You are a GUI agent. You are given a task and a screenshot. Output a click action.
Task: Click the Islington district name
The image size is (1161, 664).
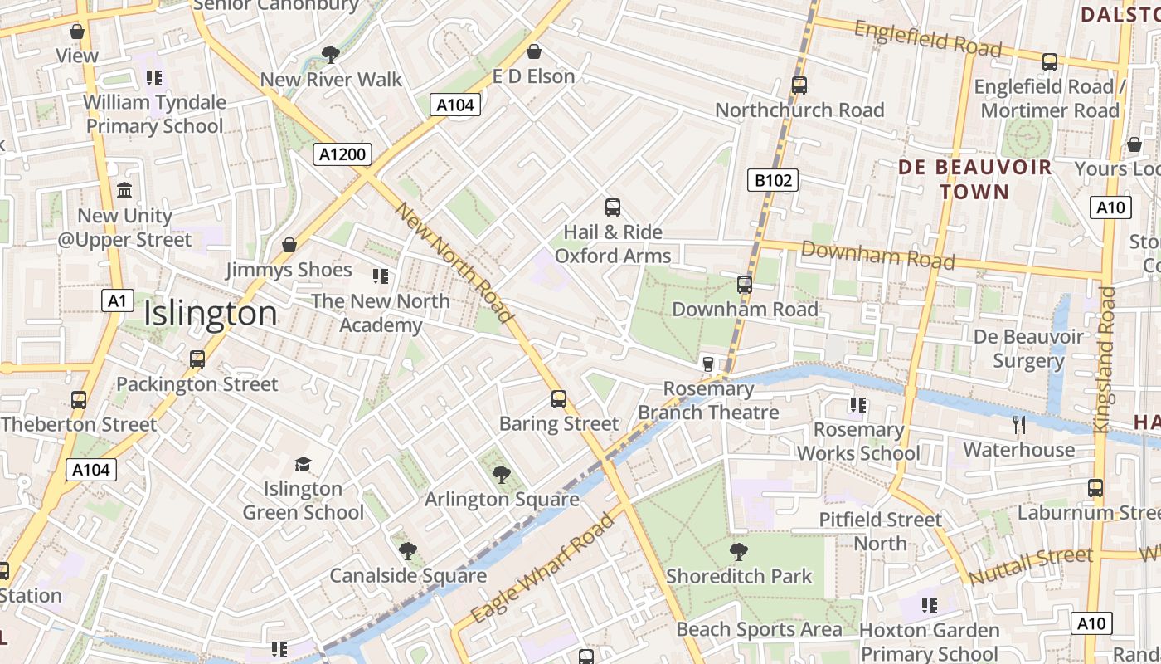pos(211,314)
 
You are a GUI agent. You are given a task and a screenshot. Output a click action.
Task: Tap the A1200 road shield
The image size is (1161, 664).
pos(342,154)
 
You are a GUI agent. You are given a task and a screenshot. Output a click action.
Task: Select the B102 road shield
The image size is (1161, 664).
pos(772,180)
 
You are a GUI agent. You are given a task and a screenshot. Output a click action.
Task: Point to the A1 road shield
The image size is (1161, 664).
pos(117,300)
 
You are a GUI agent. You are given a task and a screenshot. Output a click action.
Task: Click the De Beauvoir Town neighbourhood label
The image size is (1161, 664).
pos(975,179)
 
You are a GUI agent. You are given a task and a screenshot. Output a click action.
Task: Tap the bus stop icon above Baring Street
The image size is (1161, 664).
pos(559,399)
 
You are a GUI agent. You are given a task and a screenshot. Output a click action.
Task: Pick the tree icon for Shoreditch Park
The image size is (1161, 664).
pos(738,552)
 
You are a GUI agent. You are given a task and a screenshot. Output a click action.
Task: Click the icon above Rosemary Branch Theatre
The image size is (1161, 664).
pos(707,364)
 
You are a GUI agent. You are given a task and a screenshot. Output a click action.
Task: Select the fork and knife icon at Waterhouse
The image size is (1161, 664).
pos(1019,425)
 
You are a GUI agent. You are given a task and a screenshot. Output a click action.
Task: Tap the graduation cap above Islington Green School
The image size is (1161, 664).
pos(303,464)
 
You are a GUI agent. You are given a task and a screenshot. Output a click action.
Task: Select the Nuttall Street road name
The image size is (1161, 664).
pos(1030,565)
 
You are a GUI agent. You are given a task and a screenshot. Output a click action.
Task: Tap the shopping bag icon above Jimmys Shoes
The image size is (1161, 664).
pos(289,245)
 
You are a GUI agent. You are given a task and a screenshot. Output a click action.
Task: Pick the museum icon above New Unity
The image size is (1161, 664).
pos(124,191)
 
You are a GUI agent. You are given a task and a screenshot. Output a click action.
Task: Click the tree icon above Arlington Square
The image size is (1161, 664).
pos(501,475)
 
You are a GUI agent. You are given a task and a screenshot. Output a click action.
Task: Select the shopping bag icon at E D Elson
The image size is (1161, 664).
pos(535,51)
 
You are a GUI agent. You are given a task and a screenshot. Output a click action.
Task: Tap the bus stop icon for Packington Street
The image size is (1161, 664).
pos(197,359)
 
